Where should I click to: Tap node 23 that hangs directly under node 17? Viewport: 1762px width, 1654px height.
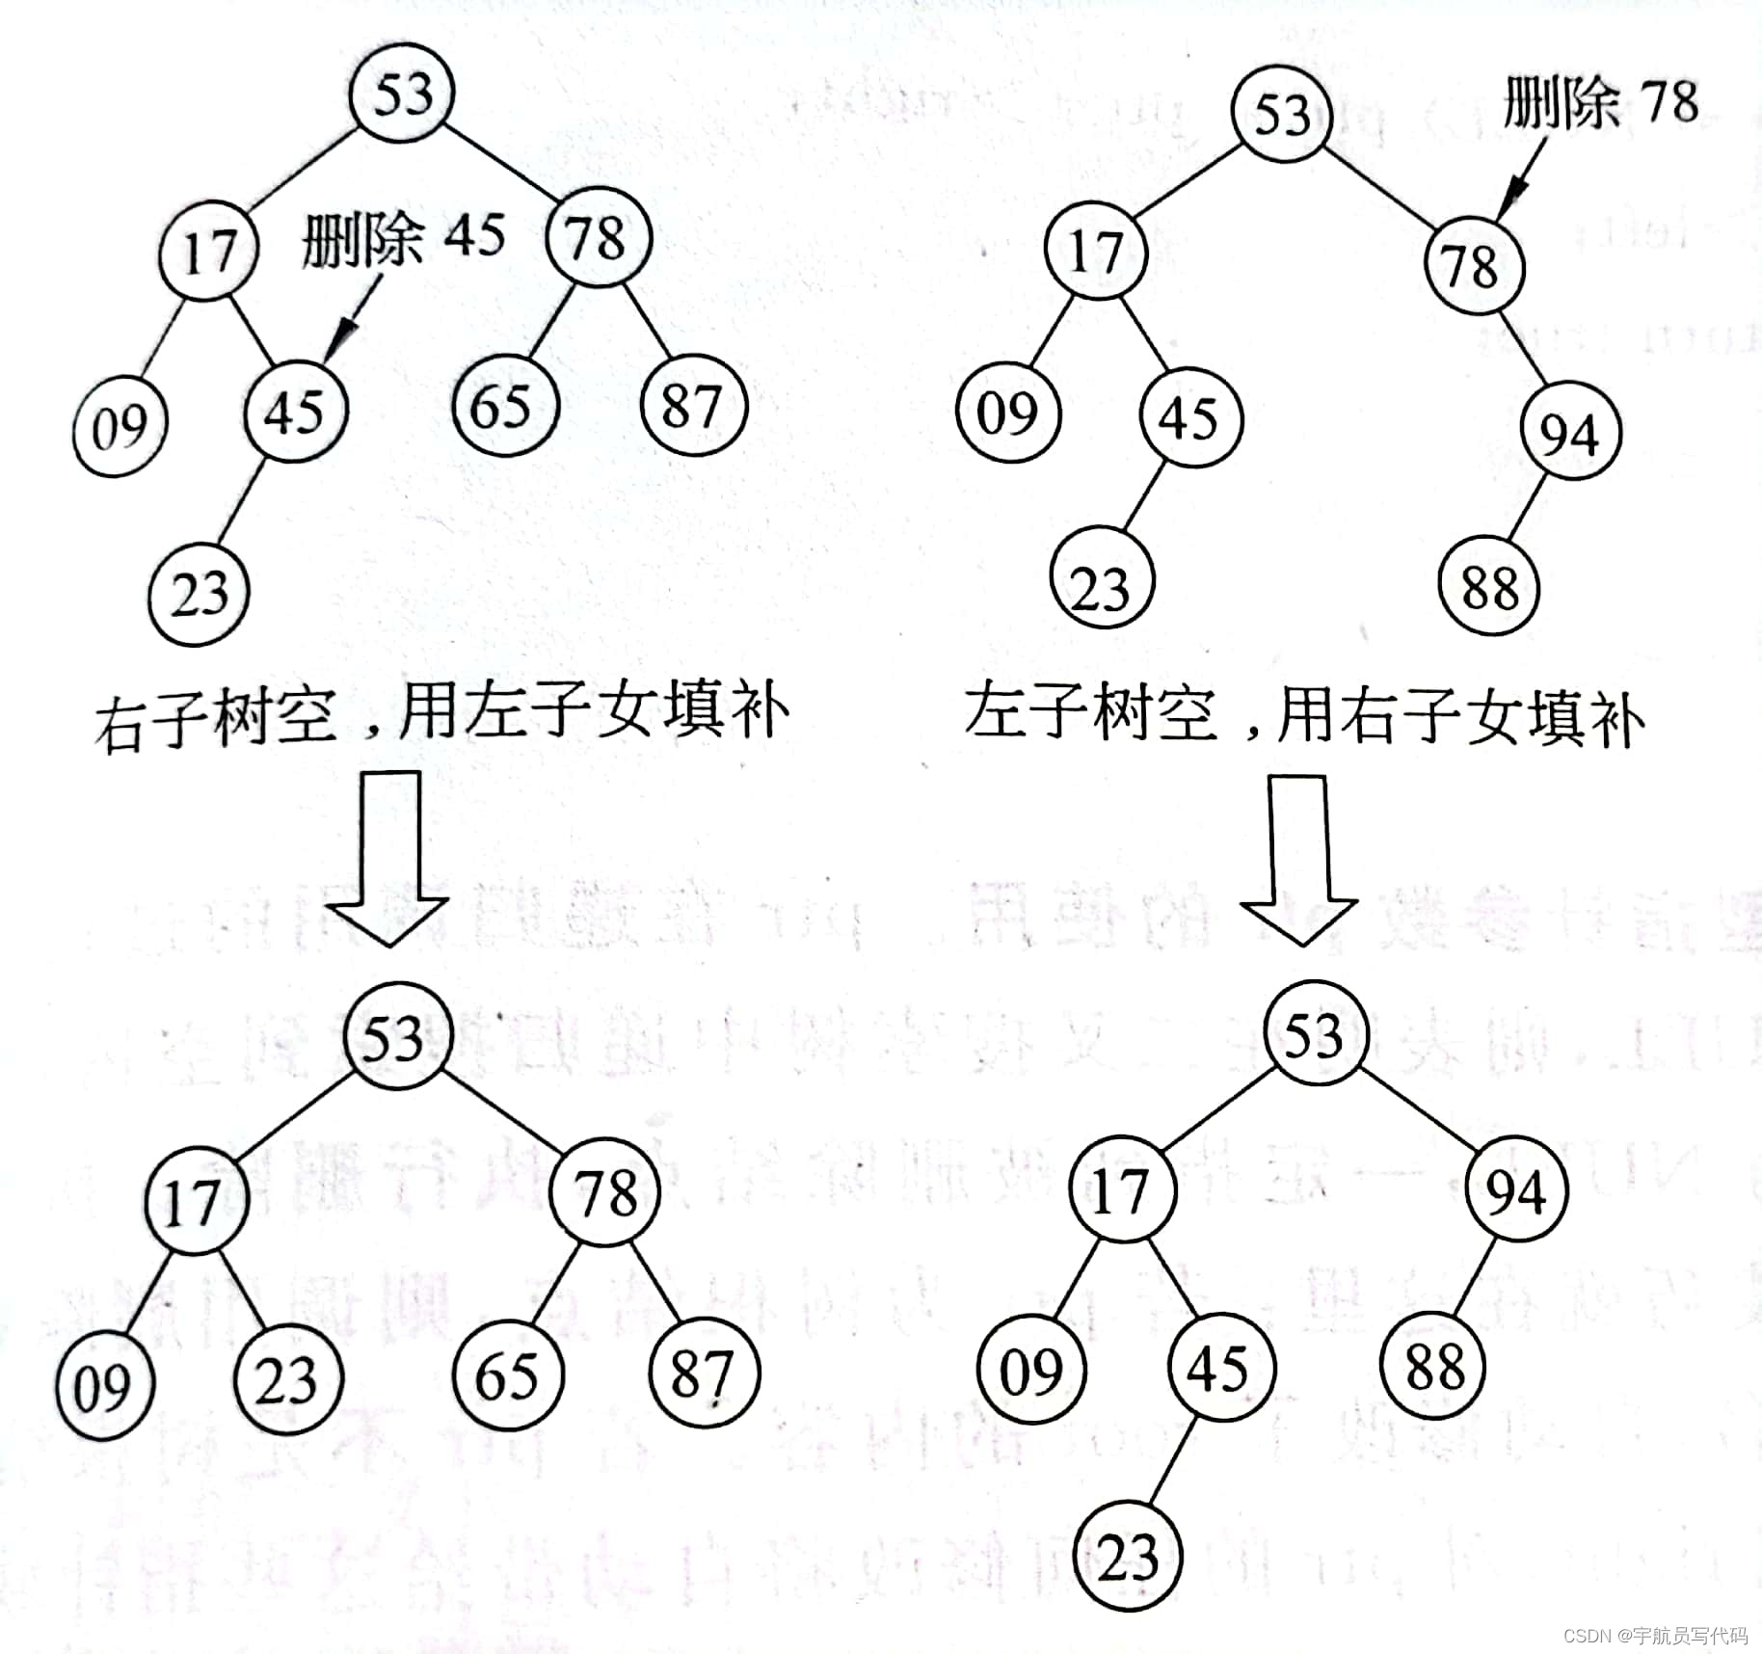287,1379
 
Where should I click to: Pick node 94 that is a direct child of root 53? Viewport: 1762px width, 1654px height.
1516,1192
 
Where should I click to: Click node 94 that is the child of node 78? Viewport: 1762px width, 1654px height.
1570,431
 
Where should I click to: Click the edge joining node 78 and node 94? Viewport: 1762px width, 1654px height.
1523,349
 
